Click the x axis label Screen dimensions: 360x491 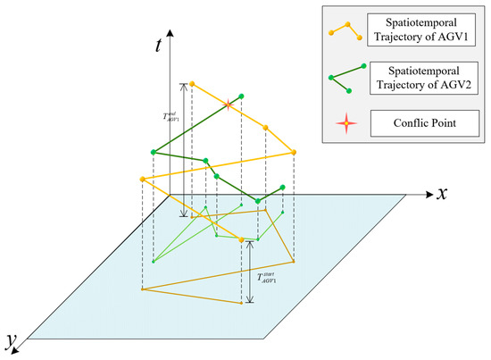[x=440, y=194]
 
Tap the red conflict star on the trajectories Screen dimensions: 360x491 [x=229, y=105]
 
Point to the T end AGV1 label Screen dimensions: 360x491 [x=170, y=116]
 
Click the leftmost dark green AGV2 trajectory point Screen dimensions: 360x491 [x=154, y=153]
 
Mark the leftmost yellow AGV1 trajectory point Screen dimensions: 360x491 [x=142, y=179]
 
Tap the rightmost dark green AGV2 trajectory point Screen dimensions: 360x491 [x=283, y=187]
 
